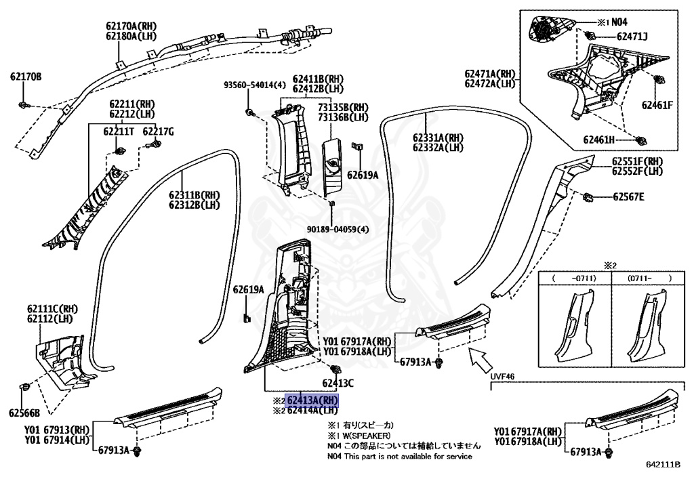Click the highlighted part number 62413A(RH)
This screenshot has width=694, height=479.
click(312, 400)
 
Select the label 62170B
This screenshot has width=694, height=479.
click(26, 77)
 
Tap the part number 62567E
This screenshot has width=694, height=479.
click(628, 197)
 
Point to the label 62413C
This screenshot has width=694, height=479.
click(338, 383)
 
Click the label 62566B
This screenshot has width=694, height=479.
click(24, 413)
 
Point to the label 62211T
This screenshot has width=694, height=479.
click(119, 131)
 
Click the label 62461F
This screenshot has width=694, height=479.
click(657, 105)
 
